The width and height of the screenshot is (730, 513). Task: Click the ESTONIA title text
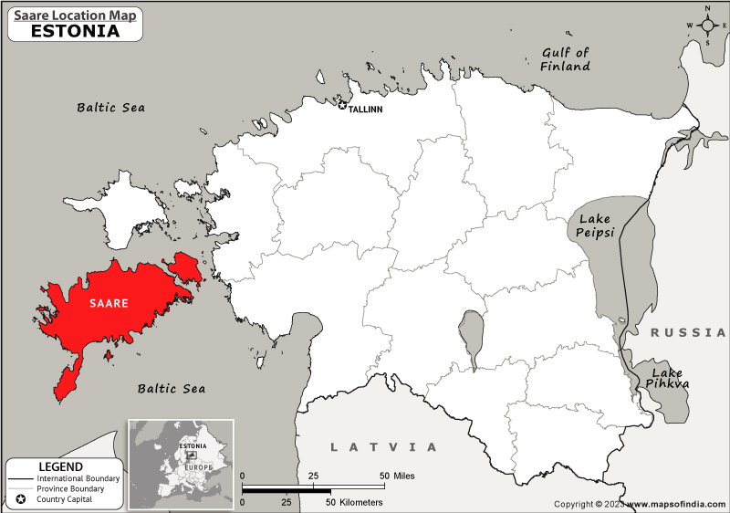[x=75, y=30]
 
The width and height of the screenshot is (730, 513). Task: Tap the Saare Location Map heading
[x=75, y=14]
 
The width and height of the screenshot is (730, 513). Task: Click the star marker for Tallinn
[x=343, y=107]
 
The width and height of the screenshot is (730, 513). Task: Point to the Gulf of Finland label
[x=566, y=59]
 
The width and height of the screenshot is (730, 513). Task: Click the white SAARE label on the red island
[x=108, y=303]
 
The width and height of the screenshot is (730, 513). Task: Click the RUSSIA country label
[x=688, y=334]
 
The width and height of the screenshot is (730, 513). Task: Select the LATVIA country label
[x=383, y=446]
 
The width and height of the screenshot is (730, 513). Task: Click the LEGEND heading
[x=60, y=467]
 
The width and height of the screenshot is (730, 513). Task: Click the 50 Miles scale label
[x=399, y=476]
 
